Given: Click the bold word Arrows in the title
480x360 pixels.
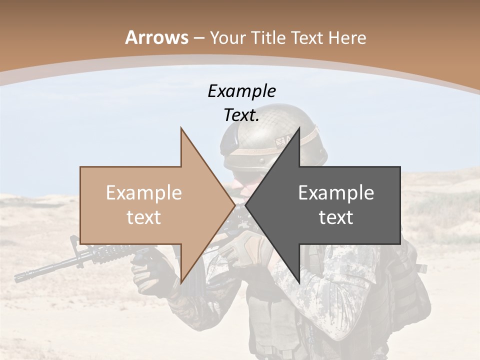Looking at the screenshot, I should tap(157, 37).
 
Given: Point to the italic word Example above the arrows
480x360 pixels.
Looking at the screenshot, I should tap(241, 91).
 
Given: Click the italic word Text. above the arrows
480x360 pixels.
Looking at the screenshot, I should tap(241, 115).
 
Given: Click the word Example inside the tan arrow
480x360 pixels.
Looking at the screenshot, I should tap(144, 193).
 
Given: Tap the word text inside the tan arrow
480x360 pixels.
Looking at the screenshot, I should tap(144, 217).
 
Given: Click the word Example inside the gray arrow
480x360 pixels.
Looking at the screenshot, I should tap(336, 193).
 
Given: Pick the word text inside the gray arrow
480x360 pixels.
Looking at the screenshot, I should tap(336, 217).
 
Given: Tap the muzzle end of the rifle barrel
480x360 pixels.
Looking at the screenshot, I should tap(18, 277).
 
